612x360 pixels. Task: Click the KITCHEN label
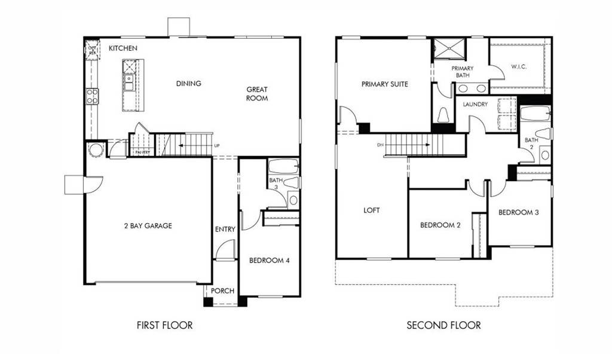coord(123,48)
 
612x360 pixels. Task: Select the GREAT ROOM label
coord(257,94)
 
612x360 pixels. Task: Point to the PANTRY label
coord(142,152)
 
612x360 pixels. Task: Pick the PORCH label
coord(222,291)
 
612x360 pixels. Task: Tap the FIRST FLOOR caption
coord(164,325)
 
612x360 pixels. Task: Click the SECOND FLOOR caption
coord(443,325)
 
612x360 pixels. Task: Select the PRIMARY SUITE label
coord(384,84)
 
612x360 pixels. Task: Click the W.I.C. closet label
coord(518,68)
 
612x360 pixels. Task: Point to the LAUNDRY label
coord(475,104)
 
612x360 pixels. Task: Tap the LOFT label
coord(371,210)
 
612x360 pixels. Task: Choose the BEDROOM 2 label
coord(440,225)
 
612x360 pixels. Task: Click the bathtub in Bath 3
coord(283,166)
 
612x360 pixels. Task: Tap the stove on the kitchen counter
coord(92,96)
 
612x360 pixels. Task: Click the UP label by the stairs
coord(216,146)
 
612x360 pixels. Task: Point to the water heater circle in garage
coord(96,150)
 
